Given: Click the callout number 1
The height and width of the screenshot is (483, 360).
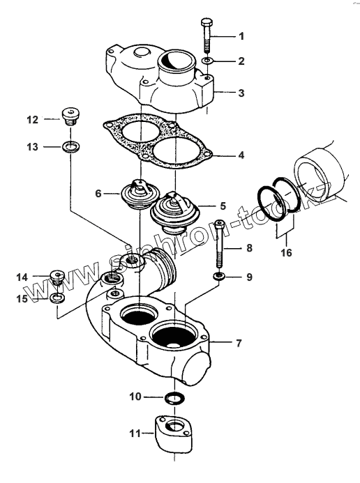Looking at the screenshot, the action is (x=241, y=36).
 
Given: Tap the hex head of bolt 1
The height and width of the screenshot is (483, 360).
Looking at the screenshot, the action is (x=206, y=23).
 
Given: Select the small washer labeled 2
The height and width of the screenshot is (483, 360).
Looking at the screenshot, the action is (x=207, y=61).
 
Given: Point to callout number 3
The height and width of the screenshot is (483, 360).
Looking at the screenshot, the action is (x=241, y=93).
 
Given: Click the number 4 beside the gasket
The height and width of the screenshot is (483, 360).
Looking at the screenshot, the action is (x=241, y=155).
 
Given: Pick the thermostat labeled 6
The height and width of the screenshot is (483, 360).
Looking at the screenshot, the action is (x=138, y=194).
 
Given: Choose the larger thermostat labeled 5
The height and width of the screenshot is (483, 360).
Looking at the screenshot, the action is (x=175, y=213).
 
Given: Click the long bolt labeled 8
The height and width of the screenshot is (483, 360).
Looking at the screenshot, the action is (x=219, y=244).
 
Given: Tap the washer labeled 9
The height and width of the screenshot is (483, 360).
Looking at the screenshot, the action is (x=219, y=276).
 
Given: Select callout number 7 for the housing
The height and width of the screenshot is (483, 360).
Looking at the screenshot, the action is (x=239, y=343).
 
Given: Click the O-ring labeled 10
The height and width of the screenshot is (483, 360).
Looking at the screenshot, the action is (x=174, y=398).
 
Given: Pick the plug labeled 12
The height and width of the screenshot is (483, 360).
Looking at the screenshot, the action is (x=71, y=116).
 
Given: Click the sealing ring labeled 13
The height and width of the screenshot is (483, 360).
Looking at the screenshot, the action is (x=70, y=146).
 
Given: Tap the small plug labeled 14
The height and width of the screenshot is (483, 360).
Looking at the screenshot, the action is (x=57, y=277).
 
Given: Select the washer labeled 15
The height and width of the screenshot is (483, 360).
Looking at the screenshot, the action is (x=57, y=298).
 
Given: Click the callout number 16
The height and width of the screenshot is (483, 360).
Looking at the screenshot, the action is (x=286, y=252).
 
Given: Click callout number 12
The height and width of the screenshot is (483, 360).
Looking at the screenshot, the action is (x=32, y=119).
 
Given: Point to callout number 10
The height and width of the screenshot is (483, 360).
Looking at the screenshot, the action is (x=135, y=397).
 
